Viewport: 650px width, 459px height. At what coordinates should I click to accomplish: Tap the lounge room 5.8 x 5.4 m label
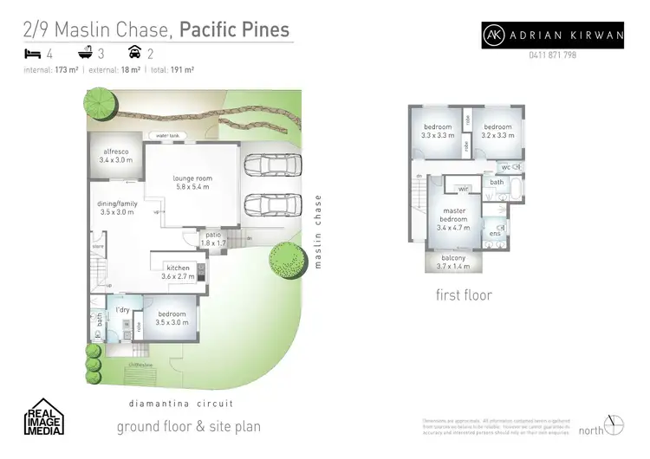[192, 184]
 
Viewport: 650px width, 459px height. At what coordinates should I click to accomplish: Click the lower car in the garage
[267, 205]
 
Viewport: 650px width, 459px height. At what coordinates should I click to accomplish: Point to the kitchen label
[179, 272]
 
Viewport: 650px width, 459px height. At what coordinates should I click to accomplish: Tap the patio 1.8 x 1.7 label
[214, 239]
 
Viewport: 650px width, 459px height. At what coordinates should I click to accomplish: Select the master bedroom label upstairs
[454, 219]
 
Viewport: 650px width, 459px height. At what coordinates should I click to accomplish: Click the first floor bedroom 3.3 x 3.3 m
[438, 132]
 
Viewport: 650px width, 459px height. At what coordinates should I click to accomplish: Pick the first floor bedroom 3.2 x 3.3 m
[497, 132]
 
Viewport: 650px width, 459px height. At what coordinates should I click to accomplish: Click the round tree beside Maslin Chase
[286, 259]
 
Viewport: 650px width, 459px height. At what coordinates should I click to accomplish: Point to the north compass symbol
[614, 425]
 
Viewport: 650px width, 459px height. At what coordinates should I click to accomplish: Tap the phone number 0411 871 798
[552, 55]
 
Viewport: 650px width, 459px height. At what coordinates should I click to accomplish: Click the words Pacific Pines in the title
[234, 29]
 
